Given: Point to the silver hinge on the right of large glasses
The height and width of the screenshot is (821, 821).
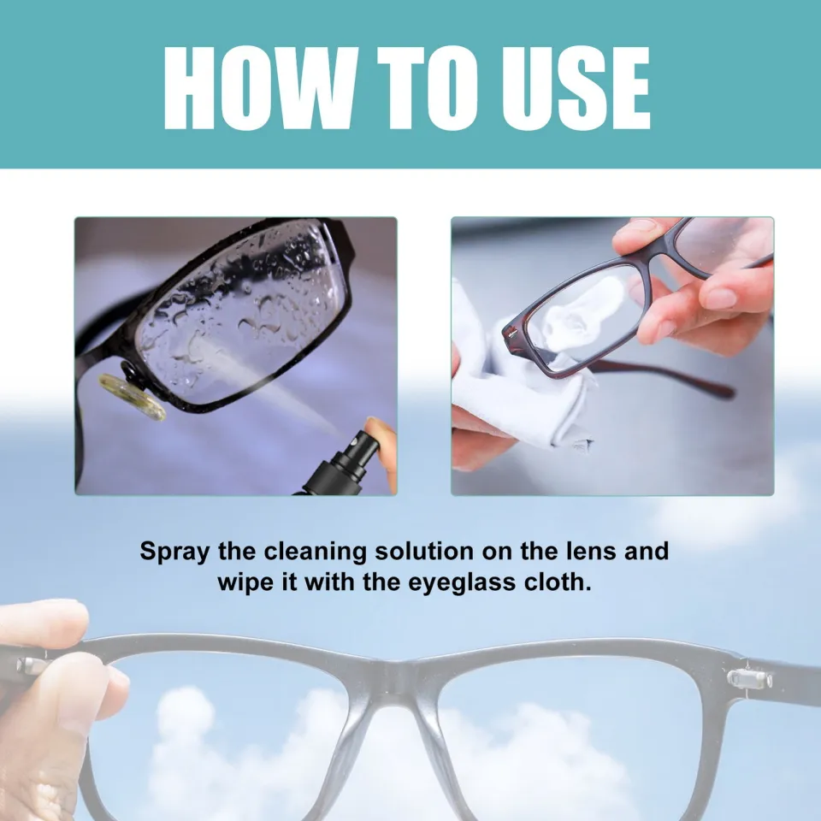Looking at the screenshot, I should click(x=749, y=679).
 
